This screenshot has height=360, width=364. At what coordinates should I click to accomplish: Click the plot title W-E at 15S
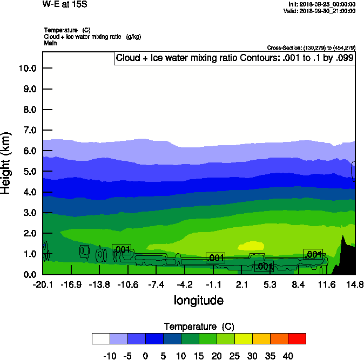click(65, 4)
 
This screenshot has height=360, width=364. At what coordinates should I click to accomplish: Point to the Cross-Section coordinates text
click(311, 48)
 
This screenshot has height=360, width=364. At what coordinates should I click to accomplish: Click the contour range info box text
click(234, 58)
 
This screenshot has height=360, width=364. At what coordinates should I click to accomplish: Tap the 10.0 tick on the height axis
click(27, 69)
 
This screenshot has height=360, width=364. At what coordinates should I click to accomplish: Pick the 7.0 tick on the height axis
click(29, 131)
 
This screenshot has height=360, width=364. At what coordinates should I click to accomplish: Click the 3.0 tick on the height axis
click(29, 213)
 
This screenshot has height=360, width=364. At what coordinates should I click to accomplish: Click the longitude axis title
click(198, 301)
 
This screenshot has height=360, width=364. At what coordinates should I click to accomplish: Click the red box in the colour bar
click(296, 338)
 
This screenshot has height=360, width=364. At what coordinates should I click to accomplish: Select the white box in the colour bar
click(101, 338)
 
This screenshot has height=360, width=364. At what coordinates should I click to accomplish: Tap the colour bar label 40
click(287, 356)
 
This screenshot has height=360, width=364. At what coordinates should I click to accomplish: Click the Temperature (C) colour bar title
click(199, 327)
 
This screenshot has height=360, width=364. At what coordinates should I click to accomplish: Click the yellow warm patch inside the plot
click(253, 246)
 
